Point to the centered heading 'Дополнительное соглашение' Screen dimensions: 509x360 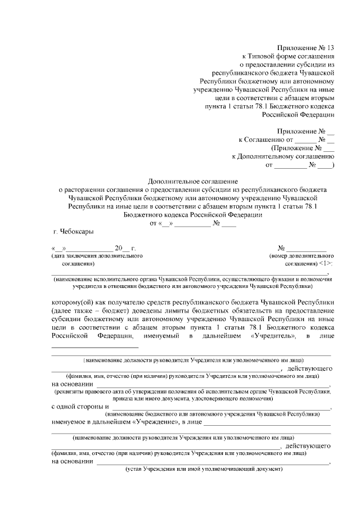(193, 182)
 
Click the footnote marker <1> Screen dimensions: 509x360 (325, 263)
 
